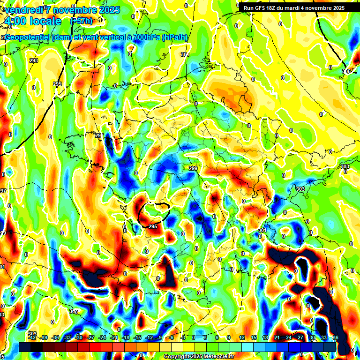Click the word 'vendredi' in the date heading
pos(24,10)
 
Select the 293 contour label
pos(33,60)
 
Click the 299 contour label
pos(192,168)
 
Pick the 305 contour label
pos(346,71)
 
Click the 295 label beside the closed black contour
pos(153,226)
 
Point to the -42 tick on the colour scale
pos(32,337)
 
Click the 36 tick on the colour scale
pos(336,337)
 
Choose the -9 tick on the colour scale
pos(160,337)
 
